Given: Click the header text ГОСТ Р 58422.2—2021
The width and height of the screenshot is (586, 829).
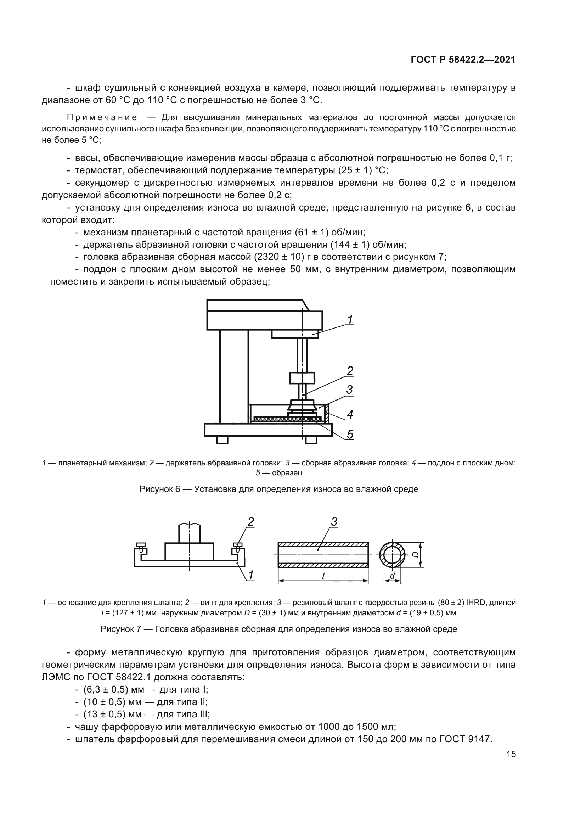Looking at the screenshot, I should [x=463, y=60].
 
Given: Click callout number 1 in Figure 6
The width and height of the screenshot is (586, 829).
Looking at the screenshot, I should [x=350, y=320].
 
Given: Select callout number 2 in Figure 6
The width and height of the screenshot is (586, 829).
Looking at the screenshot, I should [x=350, y=371].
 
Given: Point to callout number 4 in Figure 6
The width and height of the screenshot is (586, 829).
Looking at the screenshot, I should [x=350, y=415].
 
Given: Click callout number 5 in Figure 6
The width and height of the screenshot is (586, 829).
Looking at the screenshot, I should [x=350, y=435].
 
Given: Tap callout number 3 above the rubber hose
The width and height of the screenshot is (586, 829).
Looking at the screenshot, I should [x=334, y=522].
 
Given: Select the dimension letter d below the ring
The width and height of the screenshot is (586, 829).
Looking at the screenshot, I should [x=392, y=576].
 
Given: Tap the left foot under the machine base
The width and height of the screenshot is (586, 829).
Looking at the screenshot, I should [x=222, y=440].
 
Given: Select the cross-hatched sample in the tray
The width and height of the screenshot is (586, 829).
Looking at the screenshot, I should [x=288, y=419].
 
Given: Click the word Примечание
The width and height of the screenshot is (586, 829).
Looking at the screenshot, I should [x=102, y=117].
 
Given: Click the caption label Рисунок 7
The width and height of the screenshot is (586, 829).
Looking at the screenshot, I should [x=121, y=629].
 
